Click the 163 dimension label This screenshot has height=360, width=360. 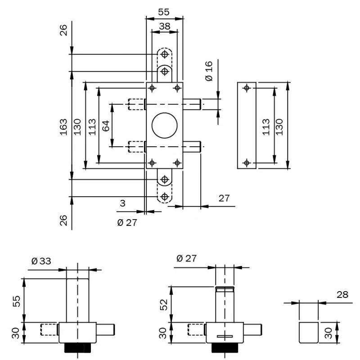[x=63, y=126]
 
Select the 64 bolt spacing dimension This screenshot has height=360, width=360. [x=106, y=126]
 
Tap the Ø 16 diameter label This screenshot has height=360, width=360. [x=208, y=71]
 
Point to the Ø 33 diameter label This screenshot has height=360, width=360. [x=41, y=261]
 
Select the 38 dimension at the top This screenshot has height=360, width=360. [x=165, y=27]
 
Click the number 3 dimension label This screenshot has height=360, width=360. [x=122, y=203]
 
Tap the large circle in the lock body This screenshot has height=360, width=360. [x=165, y=126]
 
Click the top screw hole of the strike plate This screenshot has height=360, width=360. [x=246, y=88]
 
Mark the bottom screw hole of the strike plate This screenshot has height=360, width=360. [x=246, y=162]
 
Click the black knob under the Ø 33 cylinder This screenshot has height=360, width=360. [x=77, y=348]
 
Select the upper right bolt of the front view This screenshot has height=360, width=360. [x=192, y=104]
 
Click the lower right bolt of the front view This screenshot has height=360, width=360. [x=192, y=147]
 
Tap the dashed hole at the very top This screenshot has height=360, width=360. [x=165, y=54]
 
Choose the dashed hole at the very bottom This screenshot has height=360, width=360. [x=165, y=197]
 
